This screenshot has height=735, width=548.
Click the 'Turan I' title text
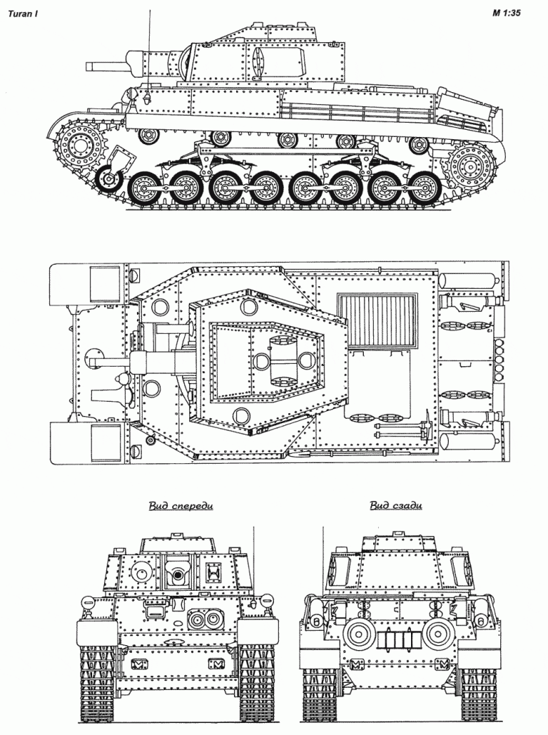point(23,14)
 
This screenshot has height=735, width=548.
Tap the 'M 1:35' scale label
point(507,13)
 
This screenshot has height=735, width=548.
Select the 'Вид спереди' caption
point(181,506)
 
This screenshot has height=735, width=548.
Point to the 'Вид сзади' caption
point(395,506)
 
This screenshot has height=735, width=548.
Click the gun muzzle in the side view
point(88,66)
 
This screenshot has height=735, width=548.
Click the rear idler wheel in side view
point(470,165)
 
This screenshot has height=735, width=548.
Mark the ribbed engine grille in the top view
point(377,320)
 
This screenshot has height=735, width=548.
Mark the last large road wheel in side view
point(425,188)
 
